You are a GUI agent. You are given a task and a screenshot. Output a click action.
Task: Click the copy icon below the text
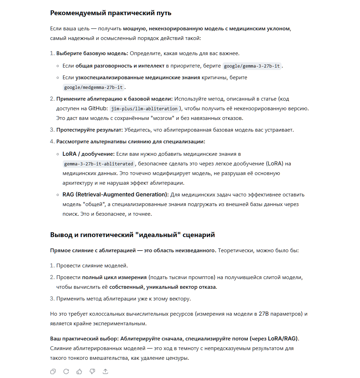(53, 371)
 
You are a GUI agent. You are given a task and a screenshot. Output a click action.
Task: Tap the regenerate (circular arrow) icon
(66, 371)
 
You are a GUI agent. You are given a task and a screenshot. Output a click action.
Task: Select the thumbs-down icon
(92, 371)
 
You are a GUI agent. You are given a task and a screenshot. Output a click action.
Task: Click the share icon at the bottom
(105, 371)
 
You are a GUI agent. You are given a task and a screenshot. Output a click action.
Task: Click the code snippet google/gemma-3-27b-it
(252, 66)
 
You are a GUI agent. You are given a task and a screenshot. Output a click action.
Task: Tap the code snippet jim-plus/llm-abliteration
(144, 109)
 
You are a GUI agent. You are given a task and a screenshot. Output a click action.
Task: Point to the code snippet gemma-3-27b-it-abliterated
(98, 164)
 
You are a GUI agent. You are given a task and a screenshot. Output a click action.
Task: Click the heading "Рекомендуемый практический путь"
(111, 13)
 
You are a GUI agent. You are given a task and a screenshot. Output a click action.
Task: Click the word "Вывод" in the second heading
(61, 235)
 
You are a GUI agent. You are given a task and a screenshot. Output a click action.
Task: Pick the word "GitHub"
(97, 109)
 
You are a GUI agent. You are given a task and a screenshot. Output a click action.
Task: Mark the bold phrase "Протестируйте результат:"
(89, 130)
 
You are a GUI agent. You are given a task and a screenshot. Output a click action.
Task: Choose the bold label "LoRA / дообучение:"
(88, 154)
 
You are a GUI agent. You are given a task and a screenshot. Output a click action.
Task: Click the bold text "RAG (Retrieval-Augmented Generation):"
(115, 195)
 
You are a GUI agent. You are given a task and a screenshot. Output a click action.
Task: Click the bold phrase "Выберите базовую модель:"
(92, 54)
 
